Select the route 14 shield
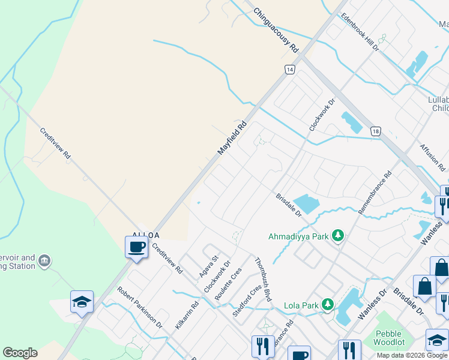pos(290,70)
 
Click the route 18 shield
pos(375,131)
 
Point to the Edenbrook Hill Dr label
pos(360,32)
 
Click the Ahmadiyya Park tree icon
pos(338,236)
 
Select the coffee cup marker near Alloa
pos(136,247)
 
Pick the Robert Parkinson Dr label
pos(140,307)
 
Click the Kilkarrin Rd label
pos(187,314)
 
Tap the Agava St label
pos(208,266)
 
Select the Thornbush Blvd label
pos(263,279)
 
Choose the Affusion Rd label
pos(430,157)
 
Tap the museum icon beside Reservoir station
pos(44,261)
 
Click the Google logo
pos(20,353)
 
